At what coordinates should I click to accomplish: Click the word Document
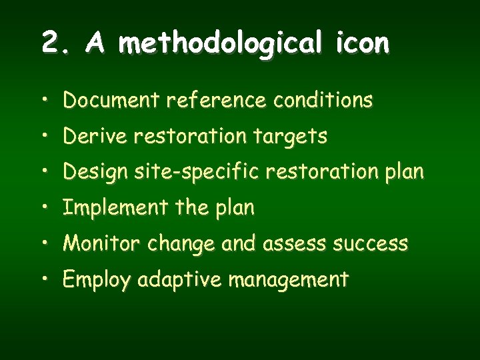[x=112, y=101]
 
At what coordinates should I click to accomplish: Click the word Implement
[x=115, y=208]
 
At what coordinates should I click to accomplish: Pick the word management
[x=288, y=280]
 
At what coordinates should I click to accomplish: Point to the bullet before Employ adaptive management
[x=43, y=281]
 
